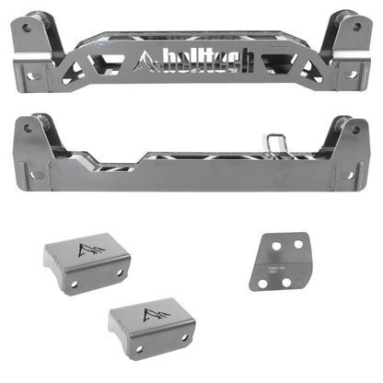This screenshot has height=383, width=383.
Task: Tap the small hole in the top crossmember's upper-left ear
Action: (x=24, y=29)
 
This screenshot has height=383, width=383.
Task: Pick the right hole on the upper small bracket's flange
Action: (x=121, y=273)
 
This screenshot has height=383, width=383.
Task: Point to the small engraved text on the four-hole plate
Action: (x=287, y=263)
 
